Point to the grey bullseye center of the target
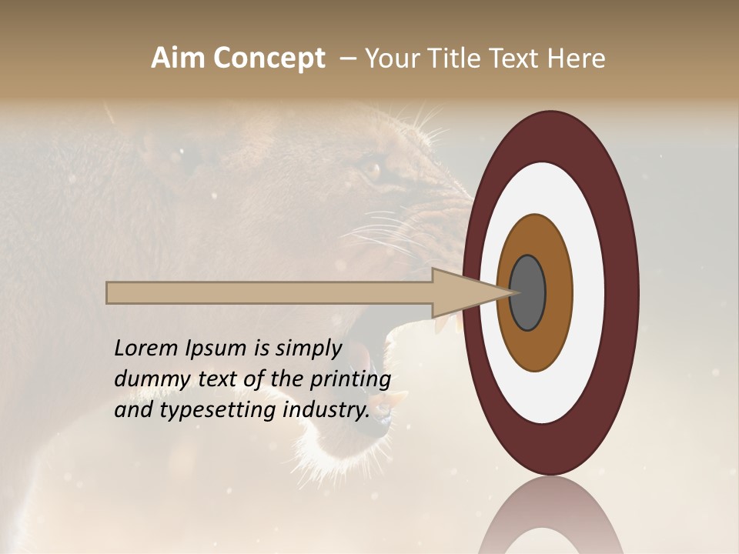tap(527, 292)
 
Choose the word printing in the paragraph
tap(350, 380)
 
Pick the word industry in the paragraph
tap(326, 410)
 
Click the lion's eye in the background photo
tap(373, 168)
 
